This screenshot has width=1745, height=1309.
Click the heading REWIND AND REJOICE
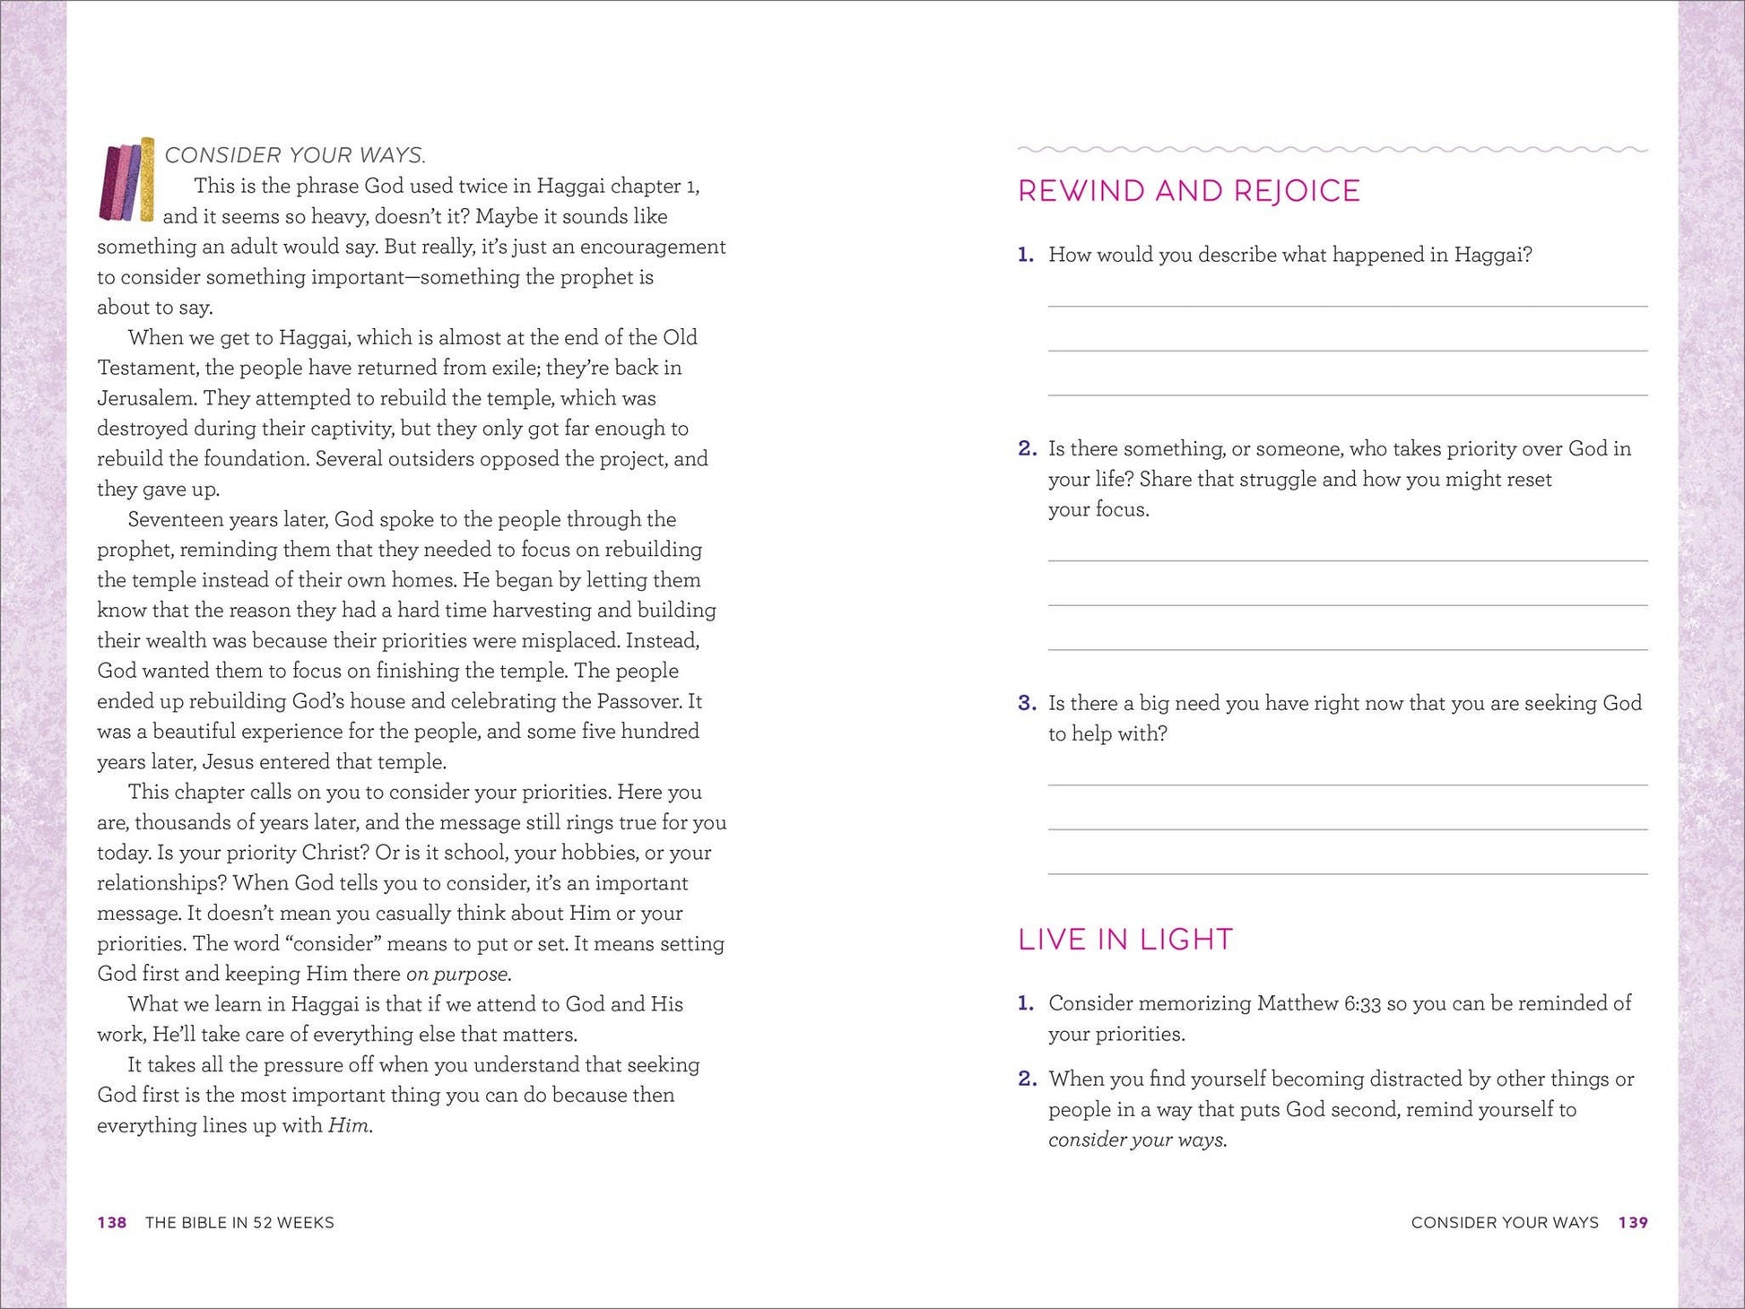tap(1188, 191)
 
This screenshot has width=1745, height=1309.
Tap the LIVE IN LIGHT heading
tap(1124, 940)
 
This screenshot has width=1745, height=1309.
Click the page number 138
tap(112, 1223)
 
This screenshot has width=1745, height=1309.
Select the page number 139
tap(1633, 1223)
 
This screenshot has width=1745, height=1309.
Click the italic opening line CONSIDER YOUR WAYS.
tap(295, 155)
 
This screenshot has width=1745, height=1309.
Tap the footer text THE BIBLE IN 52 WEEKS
tap(239, 1223)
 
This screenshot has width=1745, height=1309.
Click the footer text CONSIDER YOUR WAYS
tap(1504, 1223)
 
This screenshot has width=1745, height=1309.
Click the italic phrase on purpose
tap(458, 975)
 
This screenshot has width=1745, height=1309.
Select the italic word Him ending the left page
tap(349, 1126)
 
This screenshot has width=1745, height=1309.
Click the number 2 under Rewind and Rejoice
tap(1027, 448)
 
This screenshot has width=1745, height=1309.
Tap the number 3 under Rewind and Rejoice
tap(1027, 703)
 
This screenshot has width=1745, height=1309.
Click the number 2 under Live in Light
tap(1027, 1079)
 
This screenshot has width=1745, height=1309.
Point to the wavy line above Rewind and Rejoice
tap(1332, 149)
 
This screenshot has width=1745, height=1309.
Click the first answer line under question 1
tap(1347, 306)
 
